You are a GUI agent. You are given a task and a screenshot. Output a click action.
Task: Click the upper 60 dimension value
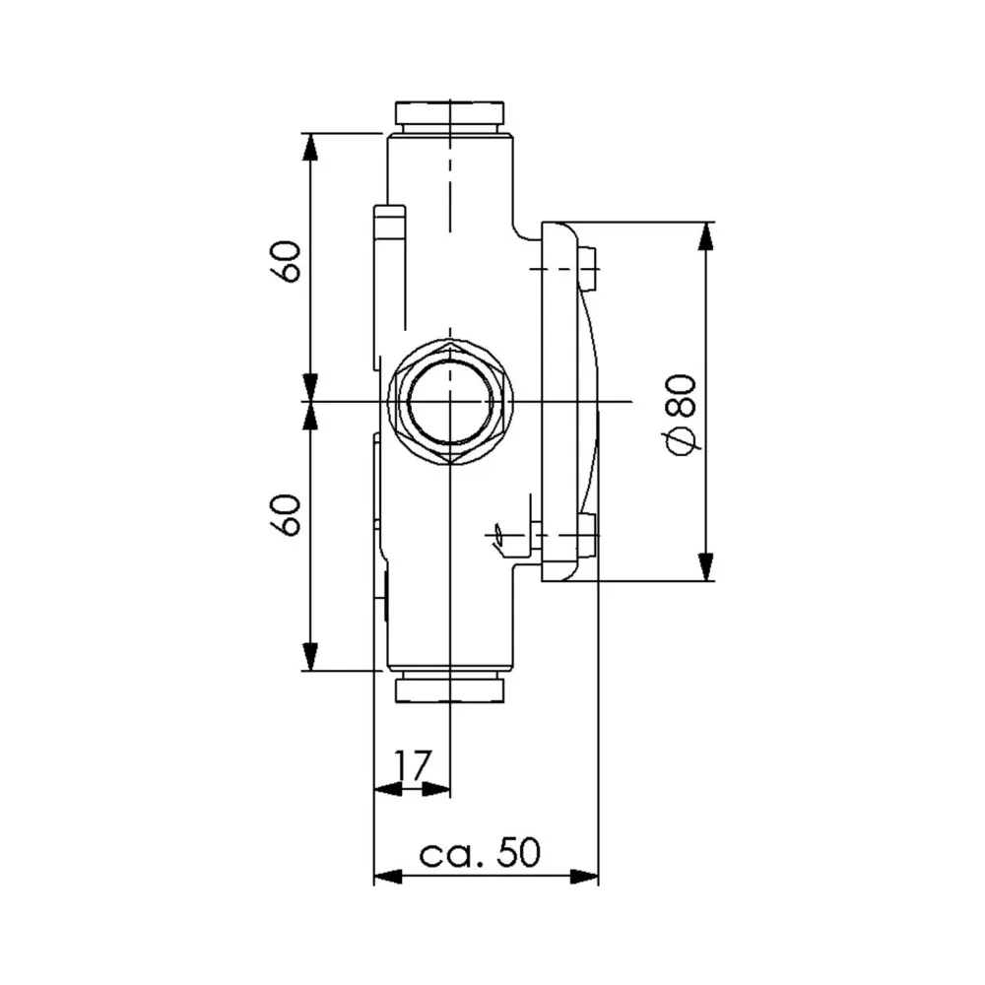(x=287, y=260)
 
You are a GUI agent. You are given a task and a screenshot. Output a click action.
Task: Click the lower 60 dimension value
(x=287, y=514)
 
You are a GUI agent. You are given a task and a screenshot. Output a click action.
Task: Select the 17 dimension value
(x=414, y=763)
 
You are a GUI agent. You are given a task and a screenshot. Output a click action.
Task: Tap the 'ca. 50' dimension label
(x=480, y=852)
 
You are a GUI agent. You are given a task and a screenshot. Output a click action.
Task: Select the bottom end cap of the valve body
(x=450, y=688)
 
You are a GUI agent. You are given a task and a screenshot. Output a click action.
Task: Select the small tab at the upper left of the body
(x=389, y=227)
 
